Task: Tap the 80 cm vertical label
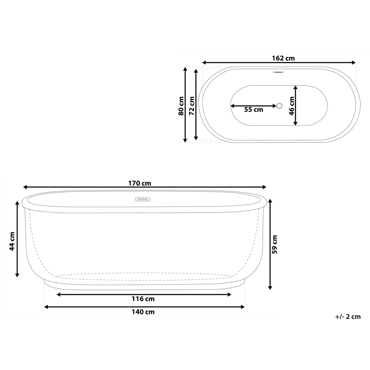point(181,106)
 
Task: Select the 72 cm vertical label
point(191,106)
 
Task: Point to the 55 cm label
point(253,110)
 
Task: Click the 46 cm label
point(292,106)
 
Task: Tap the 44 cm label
point(12,241)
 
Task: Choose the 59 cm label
point(275,245)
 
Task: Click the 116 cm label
point(143,299)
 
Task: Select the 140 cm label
point(143,312)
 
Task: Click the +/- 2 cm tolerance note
point(347,316)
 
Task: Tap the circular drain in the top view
point(279,106)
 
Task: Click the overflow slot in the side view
point(142,199)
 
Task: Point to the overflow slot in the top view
point(278,72)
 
